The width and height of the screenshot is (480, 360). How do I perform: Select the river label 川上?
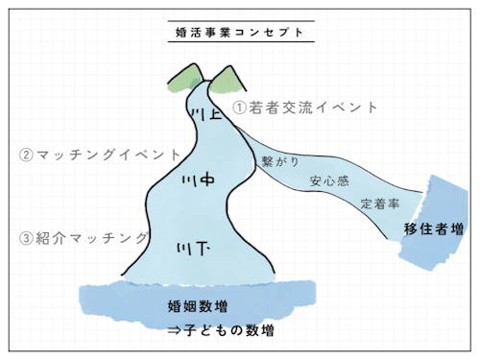tap(208, 114)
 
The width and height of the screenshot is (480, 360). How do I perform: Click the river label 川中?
tap(197, 180)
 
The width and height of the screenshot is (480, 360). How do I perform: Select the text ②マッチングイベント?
tap(100, 154)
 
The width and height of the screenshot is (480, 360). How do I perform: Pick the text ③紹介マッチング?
tap(84, 237)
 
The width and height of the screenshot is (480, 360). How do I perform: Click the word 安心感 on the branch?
tap(328, 180)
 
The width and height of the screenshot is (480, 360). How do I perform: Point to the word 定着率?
tap(380, 204)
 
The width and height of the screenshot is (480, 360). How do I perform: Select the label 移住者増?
tap(434, 229)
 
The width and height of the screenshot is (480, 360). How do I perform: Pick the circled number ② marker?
tap(27, 154)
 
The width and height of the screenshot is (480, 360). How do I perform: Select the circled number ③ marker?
tap(27, 237)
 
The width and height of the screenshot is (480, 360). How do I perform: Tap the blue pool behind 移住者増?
tap(437, 206)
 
